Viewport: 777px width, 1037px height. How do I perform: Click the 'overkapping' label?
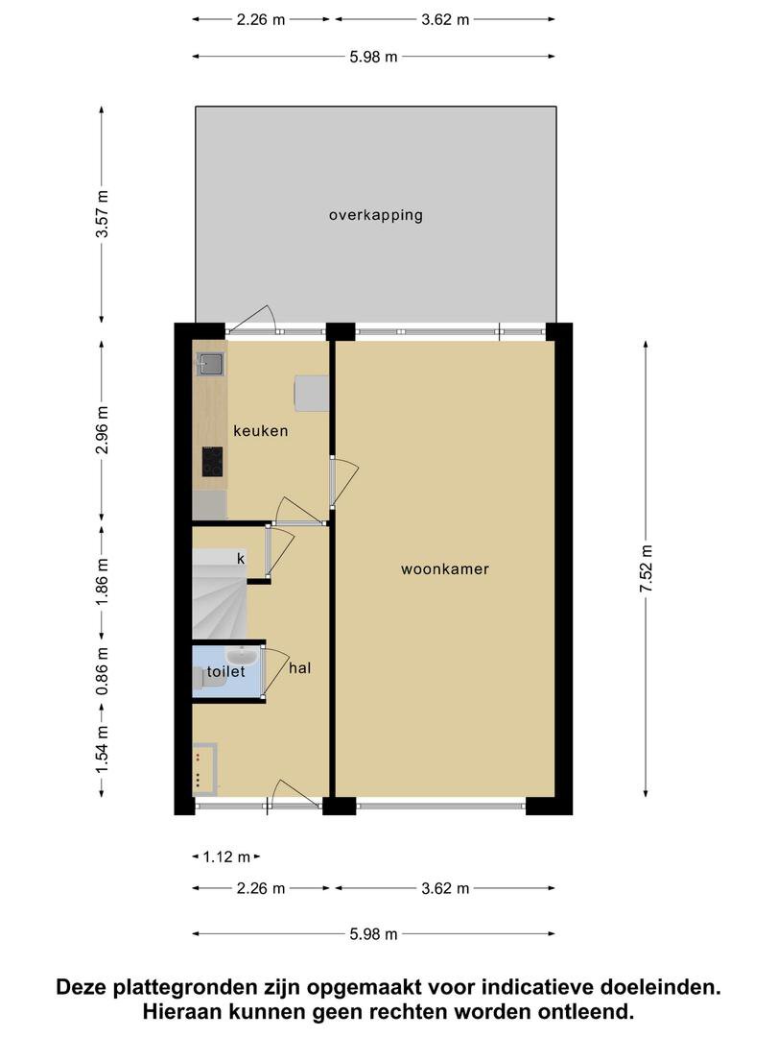pos(376,215)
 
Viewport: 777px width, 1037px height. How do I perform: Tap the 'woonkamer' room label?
pos(445,568)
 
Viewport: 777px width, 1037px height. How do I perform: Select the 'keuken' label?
pos(260,430)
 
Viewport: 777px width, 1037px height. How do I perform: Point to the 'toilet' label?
pos(226,671)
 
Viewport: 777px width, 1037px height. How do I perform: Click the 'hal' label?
pos(299,668)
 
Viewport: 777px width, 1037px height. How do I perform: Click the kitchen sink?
pos(211,364)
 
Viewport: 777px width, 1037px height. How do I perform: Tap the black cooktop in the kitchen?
pos(212,462)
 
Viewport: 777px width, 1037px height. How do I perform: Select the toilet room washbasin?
pos(243,656)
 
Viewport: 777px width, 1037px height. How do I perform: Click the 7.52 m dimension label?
pos(646,568)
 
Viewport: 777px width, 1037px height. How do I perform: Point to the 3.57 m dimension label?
pos(102,213)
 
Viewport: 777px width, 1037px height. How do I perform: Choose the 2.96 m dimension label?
pos(102,430)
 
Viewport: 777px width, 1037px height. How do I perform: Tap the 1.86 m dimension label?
pos(102,581)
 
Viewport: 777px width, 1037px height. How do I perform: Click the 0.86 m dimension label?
pos(102,672)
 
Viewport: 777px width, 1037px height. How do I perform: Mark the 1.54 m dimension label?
pos(102,750)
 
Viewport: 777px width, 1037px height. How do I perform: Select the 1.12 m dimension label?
pos(226,857)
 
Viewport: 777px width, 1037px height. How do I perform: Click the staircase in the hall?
pos(220,594)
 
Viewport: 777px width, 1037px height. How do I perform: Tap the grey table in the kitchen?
pos(311,393)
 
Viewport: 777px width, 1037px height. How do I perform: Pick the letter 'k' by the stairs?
pos(241,559)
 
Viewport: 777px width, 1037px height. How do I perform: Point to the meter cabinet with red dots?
pos(205,769)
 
